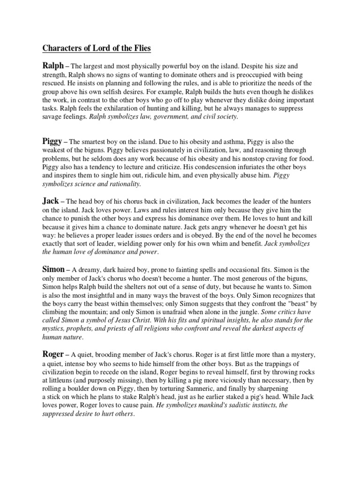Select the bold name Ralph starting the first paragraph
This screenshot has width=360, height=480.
[x=53, y=67]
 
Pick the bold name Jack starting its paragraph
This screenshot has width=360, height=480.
[x=51, y=200]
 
